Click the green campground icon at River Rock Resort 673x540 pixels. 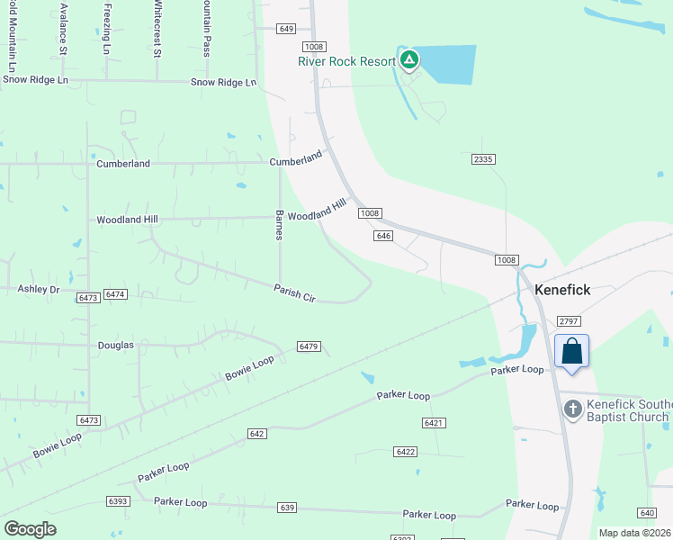click(x=409, y=60)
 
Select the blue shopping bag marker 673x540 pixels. click(x=572, y=351)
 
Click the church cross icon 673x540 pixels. click(x=572, y=409)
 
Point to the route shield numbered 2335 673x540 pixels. click(x=483, y=159)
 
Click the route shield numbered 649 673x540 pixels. click(x=287, y=29)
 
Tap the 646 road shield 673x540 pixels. click(x=383, y=236)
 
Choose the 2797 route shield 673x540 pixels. click(x=570, y=321)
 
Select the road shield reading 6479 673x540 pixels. click(x=309, y=346)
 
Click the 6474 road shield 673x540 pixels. click(x=115, y=294)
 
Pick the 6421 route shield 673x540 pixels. click(x=434, y=422)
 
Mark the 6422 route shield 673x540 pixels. click(x=406, y=451)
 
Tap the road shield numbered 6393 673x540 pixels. click(x=117, y=500)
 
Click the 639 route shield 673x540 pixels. click(x=287, y=508)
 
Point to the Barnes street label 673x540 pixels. click(x=279, y=226)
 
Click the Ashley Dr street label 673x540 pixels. click(x=38, y=289)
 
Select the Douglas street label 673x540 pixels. click(x=115, y=345)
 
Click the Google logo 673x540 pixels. click(x=30, y=529)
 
